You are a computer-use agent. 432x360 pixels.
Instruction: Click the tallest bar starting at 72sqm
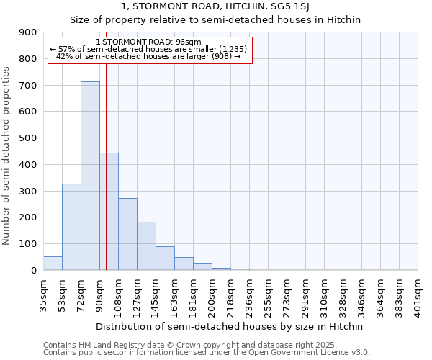[x=90, y=176]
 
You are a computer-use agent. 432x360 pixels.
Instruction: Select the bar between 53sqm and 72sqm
[x=71, y=227]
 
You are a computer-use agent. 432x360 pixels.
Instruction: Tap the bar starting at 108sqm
[x=127, y=234]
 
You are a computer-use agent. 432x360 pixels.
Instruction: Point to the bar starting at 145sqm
[x=165, y=258]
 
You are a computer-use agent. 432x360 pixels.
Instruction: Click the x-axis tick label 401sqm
[x=418, y=294]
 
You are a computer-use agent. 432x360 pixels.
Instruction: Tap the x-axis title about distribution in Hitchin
[x=230, y=326]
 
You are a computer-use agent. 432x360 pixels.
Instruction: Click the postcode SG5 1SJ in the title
[x=304, y=7]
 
